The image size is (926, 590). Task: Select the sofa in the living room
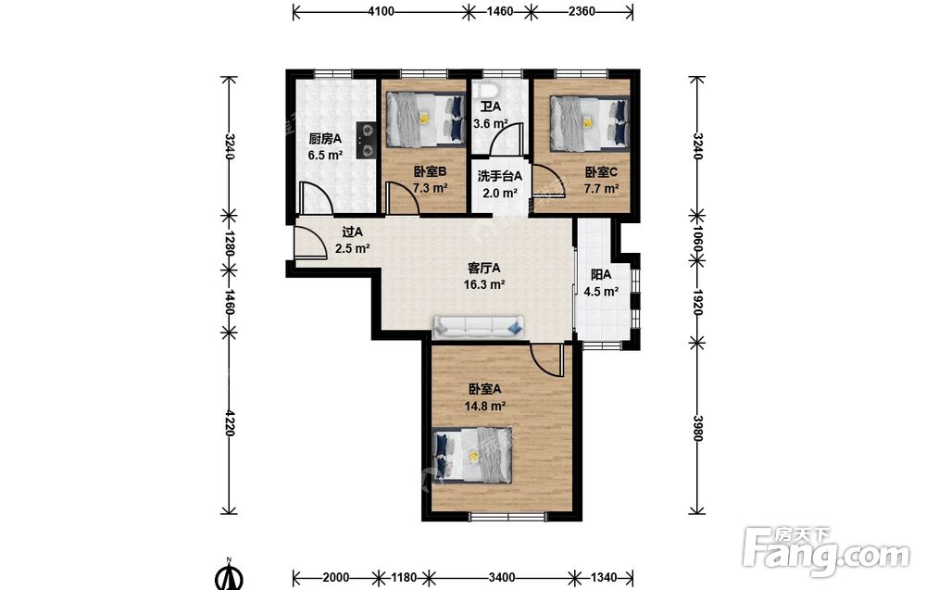coord(479,326)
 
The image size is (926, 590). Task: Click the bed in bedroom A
coord(473,454)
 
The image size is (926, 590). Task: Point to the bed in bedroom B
coord(425,119)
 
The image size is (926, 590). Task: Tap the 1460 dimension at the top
coord(500,11)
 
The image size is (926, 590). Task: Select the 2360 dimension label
coord(582,11)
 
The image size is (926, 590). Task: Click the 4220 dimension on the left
coord(229,423)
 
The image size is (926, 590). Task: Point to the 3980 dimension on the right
coord(697,428)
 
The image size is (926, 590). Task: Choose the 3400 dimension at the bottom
coord(501,577)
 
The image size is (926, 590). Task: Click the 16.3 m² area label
coord(484,284)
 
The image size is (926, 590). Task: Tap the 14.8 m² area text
coord(485,407)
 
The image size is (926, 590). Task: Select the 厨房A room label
coord(325,139)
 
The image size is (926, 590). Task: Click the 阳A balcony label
coord(601,275)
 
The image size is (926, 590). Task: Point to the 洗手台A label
coord(500,176)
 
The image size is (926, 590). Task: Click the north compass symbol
coord(229,575)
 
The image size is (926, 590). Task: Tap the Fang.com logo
coord(827,550)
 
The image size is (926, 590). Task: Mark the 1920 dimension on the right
coord(697,302)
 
